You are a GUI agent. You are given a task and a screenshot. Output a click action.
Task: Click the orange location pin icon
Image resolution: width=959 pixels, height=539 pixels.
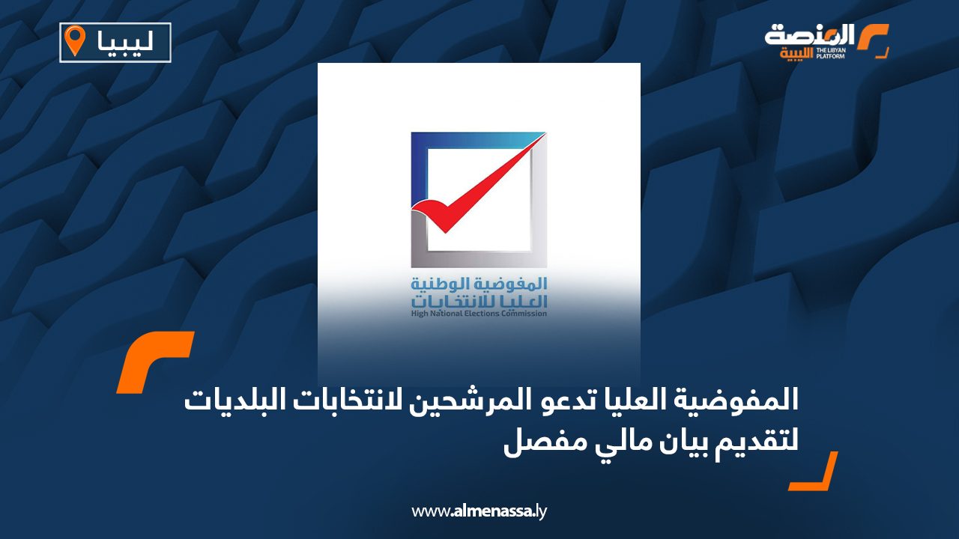pos(75,40)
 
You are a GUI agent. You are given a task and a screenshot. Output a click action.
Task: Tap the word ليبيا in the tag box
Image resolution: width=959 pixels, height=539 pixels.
pos(125,41)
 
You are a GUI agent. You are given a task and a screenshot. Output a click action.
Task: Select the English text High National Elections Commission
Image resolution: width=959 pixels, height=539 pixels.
pos(479,314)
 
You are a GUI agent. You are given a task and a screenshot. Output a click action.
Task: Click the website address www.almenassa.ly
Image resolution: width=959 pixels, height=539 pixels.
pos(479,511)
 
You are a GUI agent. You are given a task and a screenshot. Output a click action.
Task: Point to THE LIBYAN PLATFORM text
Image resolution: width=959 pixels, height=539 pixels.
pos(831,53)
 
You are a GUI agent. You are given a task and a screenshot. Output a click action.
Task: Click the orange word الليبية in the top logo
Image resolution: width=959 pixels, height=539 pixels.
pos(797,54)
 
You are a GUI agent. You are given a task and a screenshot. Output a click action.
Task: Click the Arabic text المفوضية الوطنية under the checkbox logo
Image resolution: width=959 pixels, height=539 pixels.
pos(479,284)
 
